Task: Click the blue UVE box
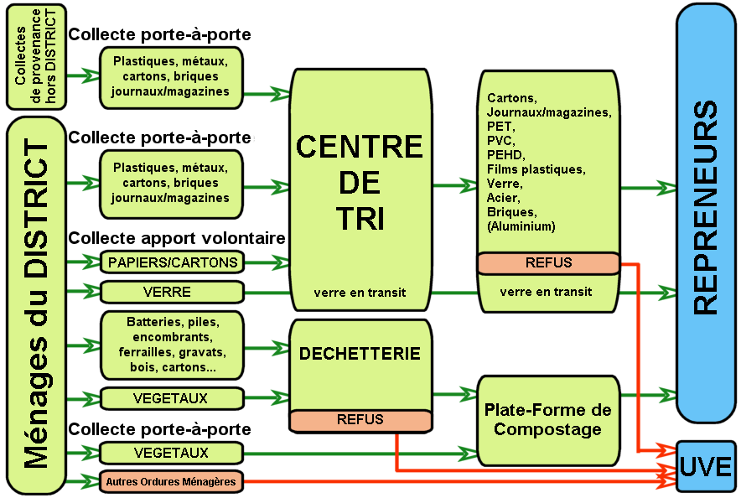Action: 706,466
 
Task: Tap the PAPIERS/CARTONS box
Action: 172,262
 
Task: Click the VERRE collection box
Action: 172,292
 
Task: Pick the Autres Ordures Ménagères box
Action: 172,481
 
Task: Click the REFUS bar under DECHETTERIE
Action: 360,419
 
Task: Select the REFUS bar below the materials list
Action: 548,262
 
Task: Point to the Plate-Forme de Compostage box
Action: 548,419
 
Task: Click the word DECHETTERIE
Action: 360,354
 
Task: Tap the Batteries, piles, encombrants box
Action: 172,345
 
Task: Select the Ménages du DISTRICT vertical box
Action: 36,304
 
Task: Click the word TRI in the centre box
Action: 360,218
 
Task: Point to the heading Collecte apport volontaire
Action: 177,238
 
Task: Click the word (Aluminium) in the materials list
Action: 521,226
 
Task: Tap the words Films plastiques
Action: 535,169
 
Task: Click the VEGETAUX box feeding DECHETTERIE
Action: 172,397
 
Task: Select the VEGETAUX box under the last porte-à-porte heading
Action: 172,453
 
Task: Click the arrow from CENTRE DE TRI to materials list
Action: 453,183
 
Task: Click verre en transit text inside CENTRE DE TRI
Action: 360,293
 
